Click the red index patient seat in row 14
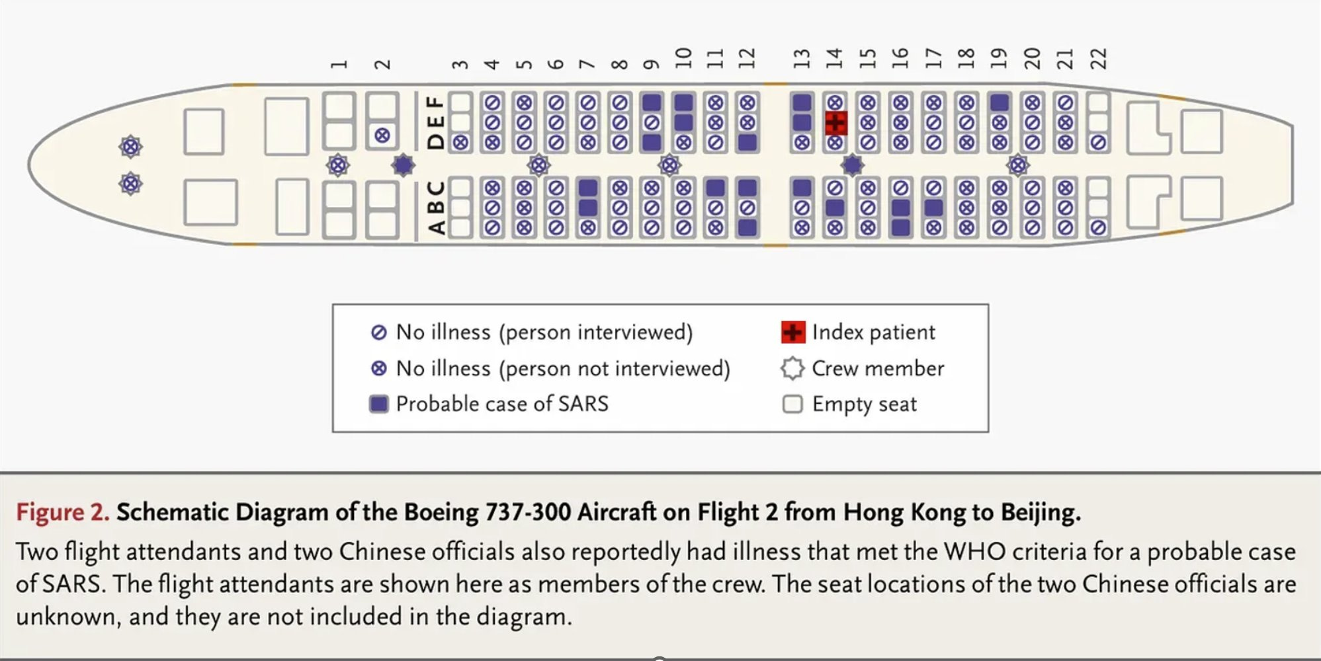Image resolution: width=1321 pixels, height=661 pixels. [x=835, y=123]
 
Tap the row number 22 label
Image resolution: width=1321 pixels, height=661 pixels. [x=1098, y=59]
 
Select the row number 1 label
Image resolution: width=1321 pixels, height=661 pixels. [x=339, y=64]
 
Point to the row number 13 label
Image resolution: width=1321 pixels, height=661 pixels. [x=801, y=59]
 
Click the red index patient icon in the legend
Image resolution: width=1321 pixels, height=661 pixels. [x=792, y=332]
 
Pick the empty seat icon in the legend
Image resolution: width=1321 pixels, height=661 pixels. [x=792, y=404]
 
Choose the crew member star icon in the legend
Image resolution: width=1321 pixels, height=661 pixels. [x=792, y=368]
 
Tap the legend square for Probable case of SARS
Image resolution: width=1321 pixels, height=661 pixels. [x=378, y=404]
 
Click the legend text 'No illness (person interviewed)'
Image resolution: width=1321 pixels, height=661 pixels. [x=544, y=332]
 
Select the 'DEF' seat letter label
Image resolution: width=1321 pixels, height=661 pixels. [x=435, y=122]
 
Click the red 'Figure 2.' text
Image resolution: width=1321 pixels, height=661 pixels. [x=62, y=512]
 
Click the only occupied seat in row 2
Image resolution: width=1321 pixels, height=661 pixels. [x=382, y=136]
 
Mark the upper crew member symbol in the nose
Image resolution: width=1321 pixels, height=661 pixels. [x=130, y=147]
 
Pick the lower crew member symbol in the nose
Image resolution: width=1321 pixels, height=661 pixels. [x=130, y=183]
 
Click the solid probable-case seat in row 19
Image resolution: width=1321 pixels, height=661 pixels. [x=999, y=102]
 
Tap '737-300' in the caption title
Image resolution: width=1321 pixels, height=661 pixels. [x=529, y=512]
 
